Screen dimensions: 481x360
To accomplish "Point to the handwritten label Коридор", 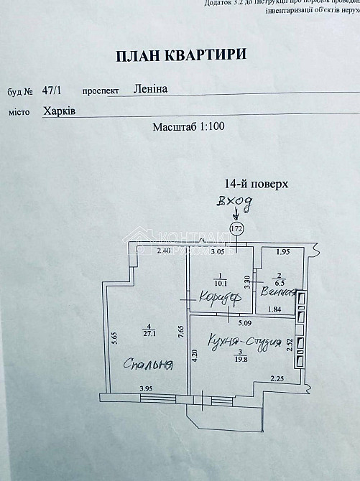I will pyautogui.click(x=216, y=296).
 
